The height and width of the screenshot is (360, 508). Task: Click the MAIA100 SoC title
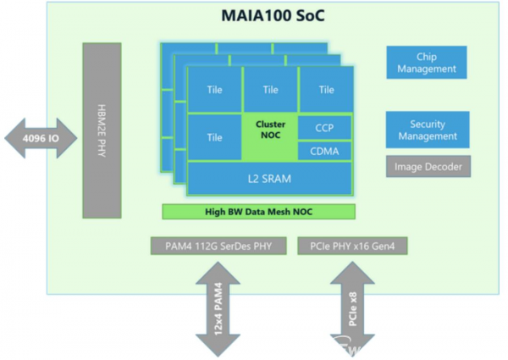(273, 16)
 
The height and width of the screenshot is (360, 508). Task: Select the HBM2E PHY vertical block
(102, 130)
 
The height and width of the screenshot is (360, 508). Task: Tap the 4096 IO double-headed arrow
(41, 138)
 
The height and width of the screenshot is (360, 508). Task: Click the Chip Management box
(427, 63)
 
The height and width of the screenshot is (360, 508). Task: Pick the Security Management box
(428, 130)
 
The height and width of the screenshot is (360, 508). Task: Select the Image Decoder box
(428, 167)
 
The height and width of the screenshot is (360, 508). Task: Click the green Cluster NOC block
(270, 136)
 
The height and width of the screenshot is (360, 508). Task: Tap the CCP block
(324, 128)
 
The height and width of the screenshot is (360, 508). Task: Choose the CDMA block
(324, 151)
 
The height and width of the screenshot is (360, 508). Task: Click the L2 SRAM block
(269, 179)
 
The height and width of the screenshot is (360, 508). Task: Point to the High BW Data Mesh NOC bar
(258, 212)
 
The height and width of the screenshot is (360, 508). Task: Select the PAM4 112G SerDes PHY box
(218, 246)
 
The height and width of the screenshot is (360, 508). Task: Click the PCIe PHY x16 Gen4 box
(352, 246)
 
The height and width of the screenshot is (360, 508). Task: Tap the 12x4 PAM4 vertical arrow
(218, 309)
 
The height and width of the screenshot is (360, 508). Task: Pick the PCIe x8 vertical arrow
(352, 309)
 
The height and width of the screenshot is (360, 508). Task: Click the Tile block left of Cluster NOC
(215, 137)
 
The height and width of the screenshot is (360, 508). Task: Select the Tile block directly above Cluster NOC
(271, 90)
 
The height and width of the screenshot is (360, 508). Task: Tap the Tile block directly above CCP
(326, 90)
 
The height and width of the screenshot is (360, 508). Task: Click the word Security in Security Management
(428, 125)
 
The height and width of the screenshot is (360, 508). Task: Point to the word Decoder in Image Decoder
(444, 167)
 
